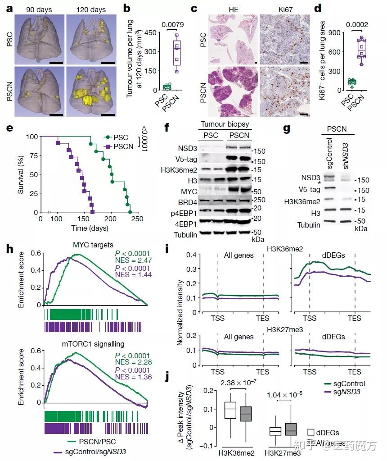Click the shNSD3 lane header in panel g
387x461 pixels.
point(346,155)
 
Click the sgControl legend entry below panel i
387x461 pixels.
point(347,383)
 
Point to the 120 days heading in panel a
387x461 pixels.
point(91,9)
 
